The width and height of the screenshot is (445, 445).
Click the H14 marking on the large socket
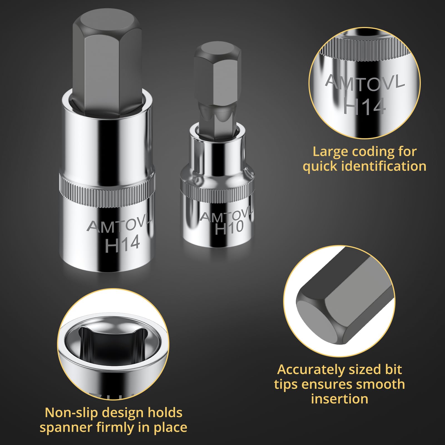coord(122,244)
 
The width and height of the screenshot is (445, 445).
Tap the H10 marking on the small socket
coord(229,228)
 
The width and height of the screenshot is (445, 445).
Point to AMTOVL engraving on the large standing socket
coord(119,225)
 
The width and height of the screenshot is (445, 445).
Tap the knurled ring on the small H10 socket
coord(217,192)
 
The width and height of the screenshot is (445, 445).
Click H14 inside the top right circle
coord(364,106)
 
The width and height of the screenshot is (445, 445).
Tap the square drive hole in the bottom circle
coord(113,343)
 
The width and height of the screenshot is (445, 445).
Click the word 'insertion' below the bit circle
coord(340,399)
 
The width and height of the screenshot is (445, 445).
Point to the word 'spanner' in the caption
coord(66,427)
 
